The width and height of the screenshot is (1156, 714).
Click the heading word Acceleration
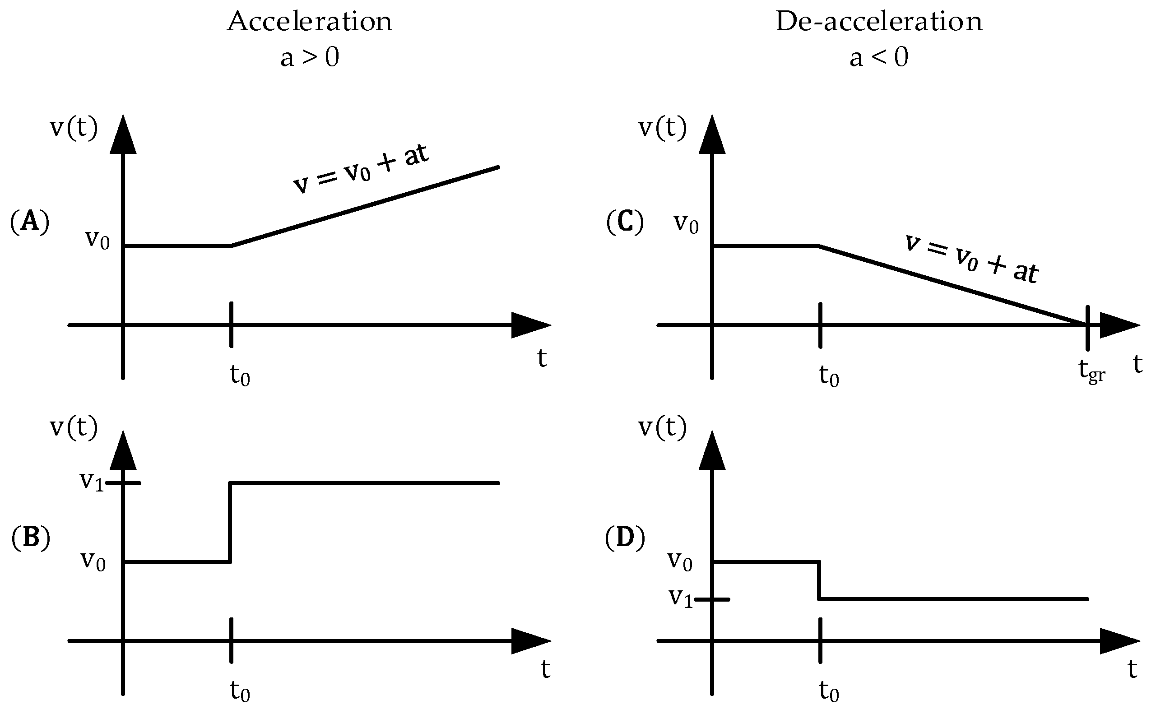coord(309,22)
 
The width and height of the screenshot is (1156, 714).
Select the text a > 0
coord(309,58)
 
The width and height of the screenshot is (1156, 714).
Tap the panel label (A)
coord(30,222)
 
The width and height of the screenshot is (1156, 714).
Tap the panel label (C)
coord(625,222)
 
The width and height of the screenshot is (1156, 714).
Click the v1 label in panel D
coord(681,598)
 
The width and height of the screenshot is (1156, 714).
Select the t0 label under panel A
coord(240,376)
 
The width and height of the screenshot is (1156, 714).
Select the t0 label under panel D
coord(829,691)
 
